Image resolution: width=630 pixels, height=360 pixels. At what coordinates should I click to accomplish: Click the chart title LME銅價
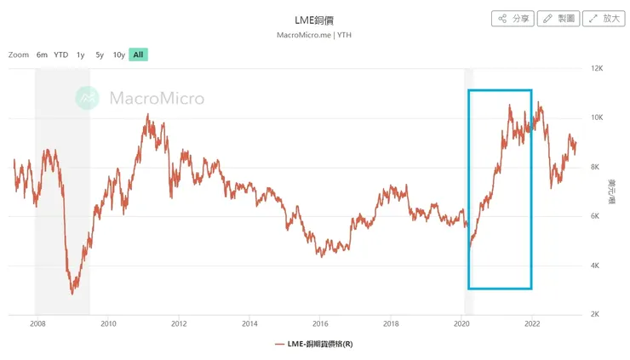coord(315,19)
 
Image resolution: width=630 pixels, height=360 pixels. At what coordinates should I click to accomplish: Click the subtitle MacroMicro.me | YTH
coord(315,35)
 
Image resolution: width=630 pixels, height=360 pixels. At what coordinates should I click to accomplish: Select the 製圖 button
coord(558,18)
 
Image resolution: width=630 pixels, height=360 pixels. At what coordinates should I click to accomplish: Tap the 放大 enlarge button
coord(604,18)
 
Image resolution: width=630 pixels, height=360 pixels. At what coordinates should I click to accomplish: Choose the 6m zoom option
coord(42,54)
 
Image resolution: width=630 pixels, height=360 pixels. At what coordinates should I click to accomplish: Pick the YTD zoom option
coord(61,54)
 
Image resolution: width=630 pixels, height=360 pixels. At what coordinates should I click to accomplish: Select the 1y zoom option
coord(81,54)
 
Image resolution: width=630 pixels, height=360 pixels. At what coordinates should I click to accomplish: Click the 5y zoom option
coord(100,54)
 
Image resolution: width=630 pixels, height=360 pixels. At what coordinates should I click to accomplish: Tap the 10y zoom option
coord(119,54)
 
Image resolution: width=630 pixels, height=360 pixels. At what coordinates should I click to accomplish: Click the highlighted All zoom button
coord(138,54)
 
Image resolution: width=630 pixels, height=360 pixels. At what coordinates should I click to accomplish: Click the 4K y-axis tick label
coord(596,266)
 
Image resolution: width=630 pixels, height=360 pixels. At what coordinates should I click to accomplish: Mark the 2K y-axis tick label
coord(596,315)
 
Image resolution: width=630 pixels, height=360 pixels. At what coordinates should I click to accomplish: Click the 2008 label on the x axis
coord(37,324)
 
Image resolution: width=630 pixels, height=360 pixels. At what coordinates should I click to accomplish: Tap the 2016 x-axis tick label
coord(320,324)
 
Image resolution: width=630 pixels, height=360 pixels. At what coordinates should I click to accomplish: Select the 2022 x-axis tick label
coord(532,324)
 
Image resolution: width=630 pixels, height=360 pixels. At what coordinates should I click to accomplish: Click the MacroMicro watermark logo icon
coord(87,98)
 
